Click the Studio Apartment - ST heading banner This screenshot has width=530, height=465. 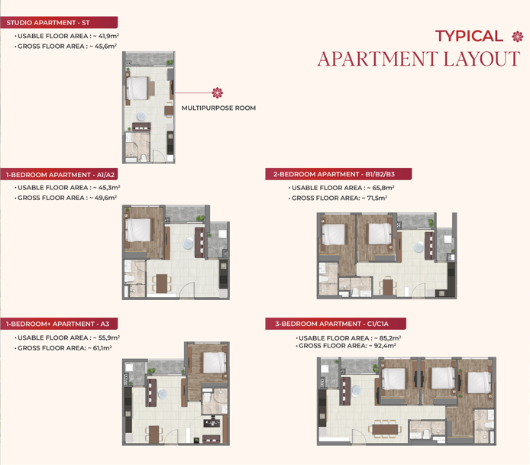(59, 23)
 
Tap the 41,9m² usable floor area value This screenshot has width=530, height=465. (109, 36)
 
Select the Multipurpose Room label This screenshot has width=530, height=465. (218, 108)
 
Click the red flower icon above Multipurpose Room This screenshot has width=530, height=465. (218, 92)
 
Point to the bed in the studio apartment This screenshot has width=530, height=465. (137, 89)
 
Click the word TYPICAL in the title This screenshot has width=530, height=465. (469, 36)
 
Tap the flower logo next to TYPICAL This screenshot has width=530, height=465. (518, 37)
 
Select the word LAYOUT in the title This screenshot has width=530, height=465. (482, 59)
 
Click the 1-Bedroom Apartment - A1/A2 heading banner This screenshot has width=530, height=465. (59, 175)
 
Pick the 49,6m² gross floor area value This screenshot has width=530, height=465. (106, 198)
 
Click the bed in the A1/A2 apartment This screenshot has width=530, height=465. (138, 230)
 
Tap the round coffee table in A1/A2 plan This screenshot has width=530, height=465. (188, 244)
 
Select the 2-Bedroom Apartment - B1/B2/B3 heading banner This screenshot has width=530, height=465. (338, 174)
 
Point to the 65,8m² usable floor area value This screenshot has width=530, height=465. (383, 188)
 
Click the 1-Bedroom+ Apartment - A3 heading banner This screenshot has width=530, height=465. (59, 324)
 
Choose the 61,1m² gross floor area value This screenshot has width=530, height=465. (102, 348)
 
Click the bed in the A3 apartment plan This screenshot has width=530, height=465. (215, 363)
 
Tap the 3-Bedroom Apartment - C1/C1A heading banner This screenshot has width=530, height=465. (336, 324)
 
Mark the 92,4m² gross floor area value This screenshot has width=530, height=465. (385, 346)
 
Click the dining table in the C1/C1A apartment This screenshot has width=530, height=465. (385, 429)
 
